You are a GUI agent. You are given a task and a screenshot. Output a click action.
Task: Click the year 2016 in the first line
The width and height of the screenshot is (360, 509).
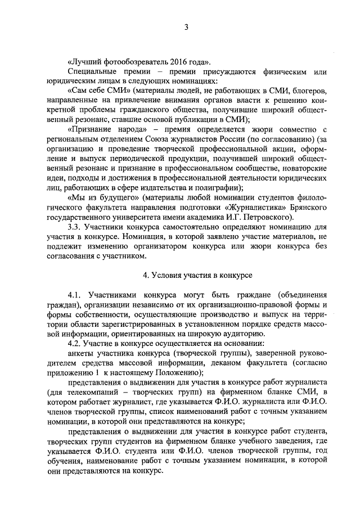click(x=182, y=61)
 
